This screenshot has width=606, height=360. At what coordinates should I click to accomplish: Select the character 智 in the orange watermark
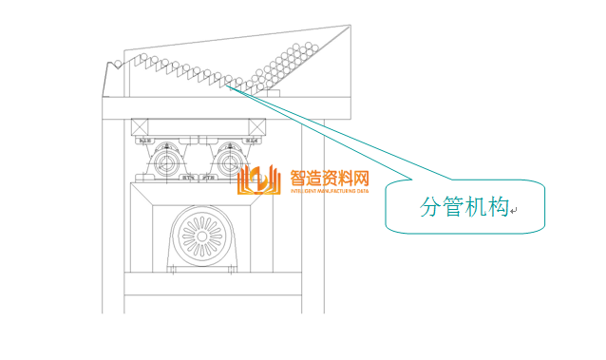pos(298,177)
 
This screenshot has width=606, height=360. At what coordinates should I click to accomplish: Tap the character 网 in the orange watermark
pos(359,177)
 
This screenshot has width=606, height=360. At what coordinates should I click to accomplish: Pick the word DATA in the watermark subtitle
pos(363,191)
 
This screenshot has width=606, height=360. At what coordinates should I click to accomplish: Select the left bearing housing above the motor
pos(169,161)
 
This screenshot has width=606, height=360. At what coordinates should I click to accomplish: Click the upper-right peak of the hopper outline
pos(348,27)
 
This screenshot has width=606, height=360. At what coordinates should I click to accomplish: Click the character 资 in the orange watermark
pos(329,177)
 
